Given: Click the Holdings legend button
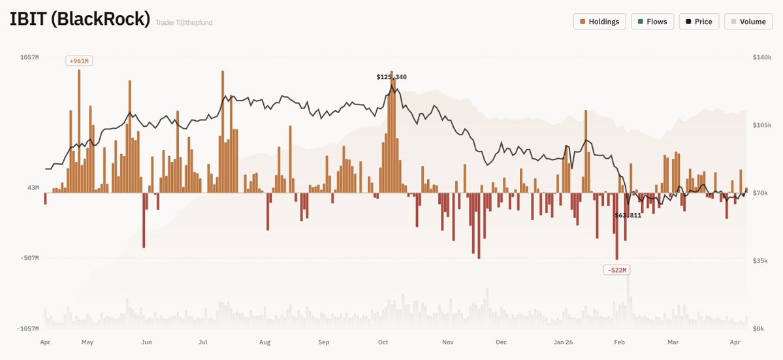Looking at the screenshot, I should click(599, 22).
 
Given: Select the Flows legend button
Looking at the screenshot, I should click(652, 22).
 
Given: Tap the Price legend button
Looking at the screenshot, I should click(699, 22).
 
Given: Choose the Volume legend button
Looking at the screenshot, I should click(748, 22).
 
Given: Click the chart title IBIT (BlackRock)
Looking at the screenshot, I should click(80, 19).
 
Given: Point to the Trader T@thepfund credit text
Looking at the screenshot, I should click(184, 23).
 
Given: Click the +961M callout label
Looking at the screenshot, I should click(79, 61).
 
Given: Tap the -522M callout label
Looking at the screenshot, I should click(616, 270).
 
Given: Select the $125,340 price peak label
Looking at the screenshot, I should click(391, 77).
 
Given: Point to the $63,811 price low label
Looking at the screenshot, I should click(628, 215).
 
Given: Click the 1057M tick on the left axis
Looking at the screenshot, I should click(29, 57).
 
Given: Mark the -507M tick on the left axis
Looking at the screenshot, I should click(29, 258).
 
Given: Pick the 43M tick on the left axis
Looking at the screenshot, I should click(32, 188).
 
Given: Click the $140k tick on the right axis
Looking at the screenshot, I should click(761, 57).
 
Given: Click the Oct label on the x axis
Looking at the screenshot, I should click(383, 342).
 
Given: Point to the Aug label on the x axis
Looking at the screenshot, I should click(264, 342).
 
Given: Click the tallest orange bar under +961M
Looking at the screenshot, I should click(79, 131).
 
